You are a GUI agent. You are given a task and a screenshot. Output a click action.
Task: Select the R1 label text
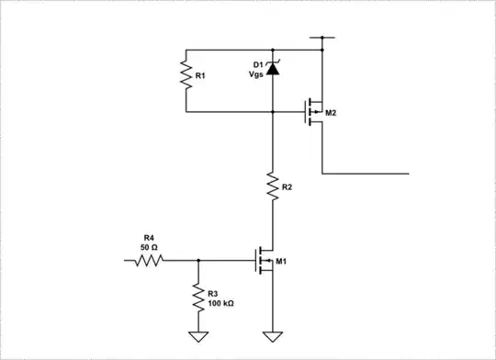200,77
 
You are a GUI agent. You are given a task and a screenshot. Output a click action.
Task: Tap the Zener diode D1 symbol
273,67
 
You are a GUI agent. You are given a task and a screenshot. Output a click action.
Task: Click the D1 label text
258,64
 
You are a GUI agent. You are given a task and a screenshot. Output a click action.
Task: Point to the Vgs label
258,74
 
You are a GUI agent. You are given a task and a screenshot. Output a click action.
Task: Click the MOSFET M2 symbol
314,112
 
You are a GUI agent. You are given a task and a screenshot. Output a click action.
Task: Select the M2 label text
332,113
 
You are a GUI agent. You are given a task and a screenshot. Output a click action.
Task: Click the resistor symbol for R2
273,186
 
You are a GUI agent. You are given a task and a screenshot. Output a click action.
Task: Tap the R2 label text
287,186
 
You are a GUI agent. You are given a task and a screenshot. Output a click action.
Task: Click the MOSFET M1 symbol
265,262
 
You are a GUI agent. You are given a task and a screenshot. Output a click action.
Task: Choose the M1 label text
282,262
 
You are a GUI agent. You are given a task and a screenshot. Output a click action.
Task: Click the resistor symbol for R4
150,261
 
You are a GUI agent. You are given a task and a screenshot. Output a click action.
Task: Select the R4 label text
148,238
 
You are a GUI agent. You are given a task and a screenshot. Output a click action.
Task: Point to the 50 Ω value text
148,248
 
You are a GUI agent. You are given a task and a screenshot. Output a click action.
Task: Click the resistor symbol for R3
197,296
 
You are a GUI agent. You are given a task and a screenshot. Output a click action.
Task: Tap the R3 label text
214,292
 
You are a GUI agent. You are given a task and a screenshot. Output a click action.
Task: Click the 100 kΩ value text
221,302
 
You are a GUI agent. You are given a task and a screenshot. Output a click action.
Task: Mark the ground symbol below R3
197,335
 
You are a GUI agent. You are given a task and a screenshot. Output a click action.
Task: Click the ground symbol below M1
273,335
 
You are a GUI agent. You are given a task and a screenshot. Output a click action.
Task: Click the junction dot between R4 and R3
197,261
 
